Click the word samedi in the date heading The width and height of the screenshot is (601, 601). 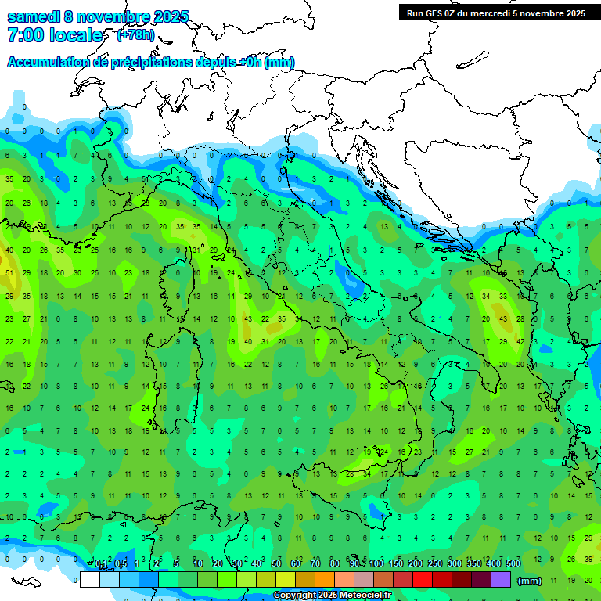click(x=34, y=16)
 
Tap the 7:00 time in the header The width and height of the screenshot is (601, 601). click(x=23, y=35)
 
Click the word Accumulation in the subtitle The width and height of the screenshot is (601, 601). click(x=47, y=63)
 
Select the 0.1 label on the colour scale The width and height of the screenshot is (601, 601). click(x=101, y=565)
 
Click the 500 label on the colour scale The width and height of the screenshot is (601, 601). click(x=513, y=565)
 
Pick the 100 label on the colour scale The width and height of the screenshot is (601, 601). click(x=376, y=565)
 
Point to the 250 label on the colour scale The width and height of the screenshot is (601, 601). click(x=435, y=565)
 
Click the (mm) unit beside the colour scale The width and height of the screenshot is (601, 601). click(x=531, y=581)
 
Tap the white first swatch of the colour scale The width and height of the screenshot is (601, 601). click(x=90, y=580)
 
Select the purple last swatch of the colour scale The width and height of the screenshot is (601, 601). click(x=502, y=580)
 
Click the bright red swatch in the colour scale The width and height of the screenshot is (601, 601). click(x=423, y=580)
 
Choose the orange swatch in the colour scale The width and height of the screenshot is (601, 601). click(x=326, y=580)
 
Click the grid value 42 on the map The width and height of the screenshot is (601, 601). click(x=520, y=342)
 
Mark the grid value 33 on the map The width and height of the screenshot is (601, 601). click(x=502, y=297)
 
